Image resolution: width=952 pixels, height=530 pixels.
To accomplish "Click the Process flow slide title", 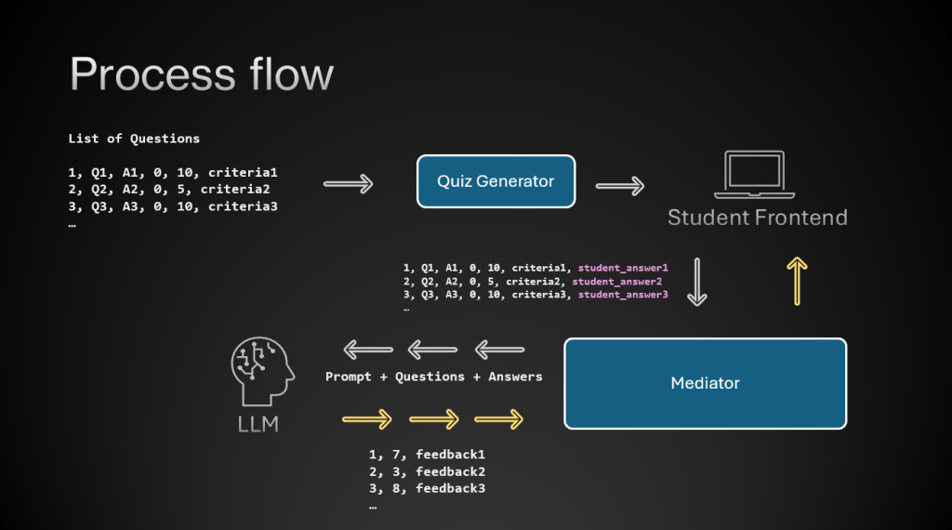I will coord(202,73).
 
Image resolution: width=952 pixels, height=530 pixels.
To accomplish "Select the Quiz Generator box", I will coord(496,181).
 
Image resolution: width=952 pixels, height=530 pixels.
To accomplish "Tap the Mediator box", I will coord(705,383).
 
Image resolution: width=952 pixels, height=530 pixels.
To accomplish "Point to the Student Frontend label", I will coord(758,219).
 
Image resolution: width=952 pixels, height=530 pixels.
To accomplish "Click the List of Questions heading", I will coord(134,139).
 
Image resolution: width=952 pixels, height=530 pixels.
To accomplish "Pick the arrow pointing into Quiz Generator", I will coord(348,183).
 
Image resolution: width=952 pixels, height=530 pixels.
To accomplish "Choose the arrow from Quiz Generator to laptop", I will coord(620,186).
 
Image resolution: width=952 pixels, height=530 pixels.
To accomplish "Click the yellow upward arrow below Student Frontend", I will coord(797,281).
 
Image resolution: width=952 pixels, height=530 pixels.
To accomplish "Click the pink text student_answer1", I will coord(624,268).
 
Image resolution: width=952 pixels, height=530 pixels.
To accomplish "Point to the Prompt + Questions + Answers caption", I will coord(434,377).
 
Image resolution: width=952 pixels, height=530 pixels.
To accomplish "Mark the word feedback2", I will coord(451,471).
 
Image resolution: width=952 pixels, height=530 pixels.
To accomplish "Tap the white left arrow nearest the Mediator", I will coord(500,351).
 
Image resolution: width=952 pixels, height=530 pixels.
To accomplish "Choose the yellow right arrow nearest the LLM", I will coord(366,419).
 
